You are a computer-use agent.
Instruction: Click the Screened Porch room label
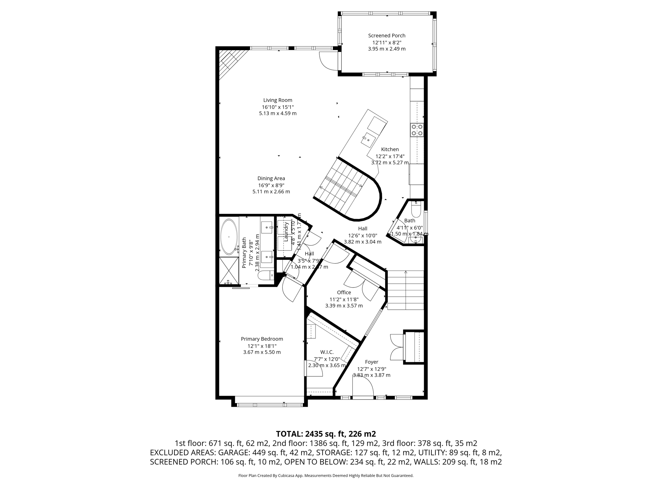[x=386, y=36]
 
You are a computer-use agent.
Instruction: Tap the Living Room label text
[x=278, y=100]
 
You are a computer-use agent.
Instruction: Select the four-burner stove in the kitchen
[x=417, y=130]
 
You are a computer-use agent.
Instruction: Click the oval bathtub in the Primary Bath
[x=229, y=236]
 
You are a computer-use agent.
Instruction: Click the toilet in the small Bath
[x=416, y=209]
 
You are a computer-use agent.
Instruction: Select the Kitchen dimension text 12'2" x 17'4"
[x=390, y=156]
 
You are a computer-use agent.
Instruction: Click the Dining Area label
[x=271, y=179]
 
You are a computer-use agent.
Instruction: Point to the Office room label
[x=344, y=293]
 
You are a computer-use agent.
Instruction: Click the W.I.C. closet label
[x=327, y=352]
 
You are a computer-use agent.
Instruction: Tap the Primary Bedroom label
[x=262, y=339]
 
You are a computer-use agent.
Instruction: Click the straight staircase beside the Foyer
[x=405, y=290]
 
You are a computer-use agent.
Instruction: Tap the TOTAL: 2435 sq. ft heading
[x=326, y=434]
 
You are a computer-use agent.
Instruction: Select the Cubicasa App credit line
[x=326, y=476]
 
